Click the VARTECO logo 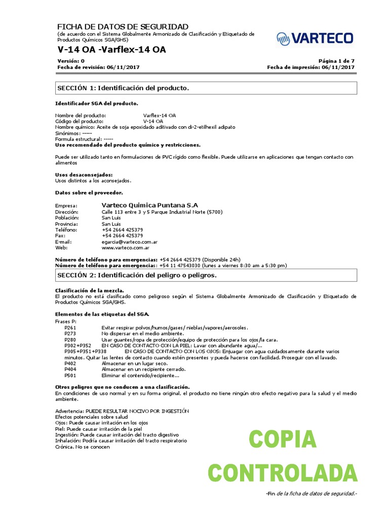pos(315,38)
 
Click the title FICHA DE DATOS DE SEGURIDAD pos(123,26)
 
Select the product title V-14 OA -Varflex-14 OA pos(111,50)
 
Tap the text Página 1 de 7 pos(337,61)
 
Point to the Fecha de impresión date pos(310,67)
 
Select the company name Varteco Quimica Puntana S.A pos(150,205)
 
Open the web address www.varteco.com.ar pos(125,248)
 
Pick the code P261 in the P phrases pos(70,328)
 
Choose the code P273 pos(70,334)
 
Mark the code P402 pos(70,364)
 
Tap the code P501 pos(70,376)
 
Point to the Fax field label pos(60,236)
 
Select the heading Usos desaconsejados pos(84,175)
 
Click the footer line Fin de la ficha pos(312,494)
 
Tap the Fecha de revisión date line pos(98,67)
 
